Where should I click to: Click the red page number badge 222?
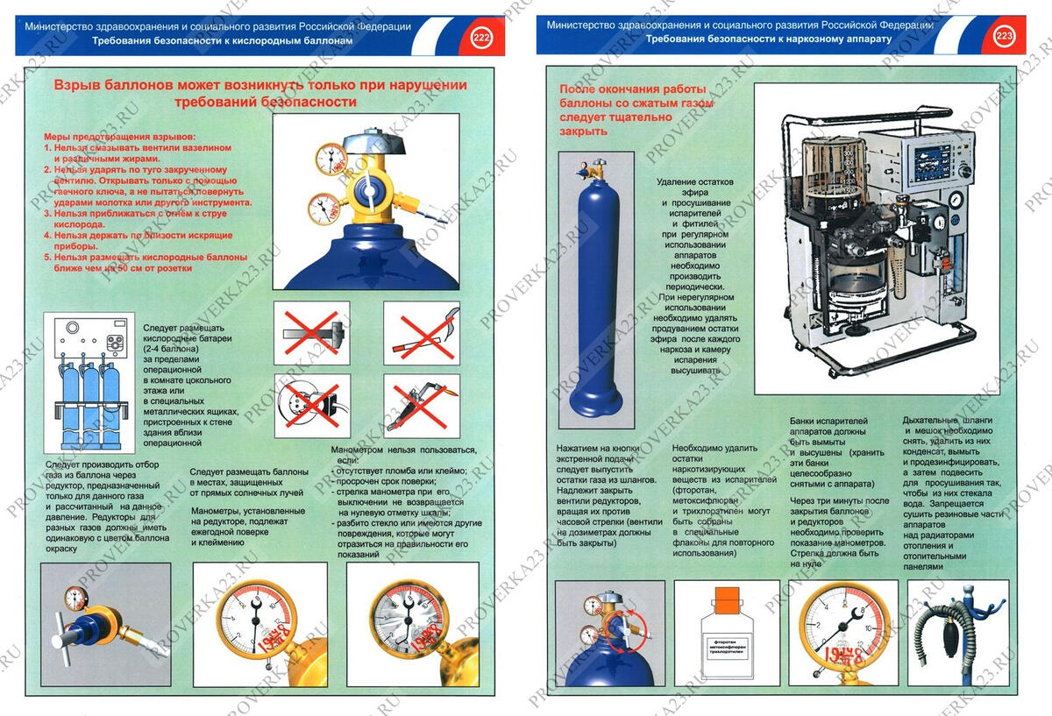(x=481, y=38)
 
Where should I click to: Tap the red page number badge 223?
(x=1004, y=37)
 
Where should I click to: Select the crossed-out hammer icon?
(x=311, y=333)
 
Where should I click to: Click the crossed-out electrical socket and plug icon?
(x=311, y=405)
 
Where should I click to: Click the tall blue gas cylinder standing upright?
(x=597, y=289)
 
